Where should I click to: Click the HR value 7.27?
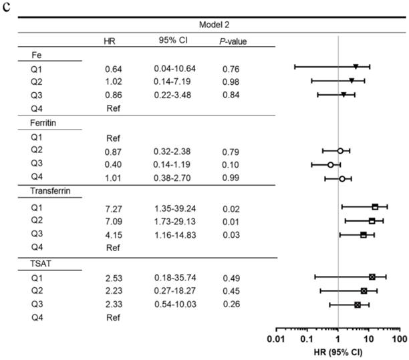point(112,207)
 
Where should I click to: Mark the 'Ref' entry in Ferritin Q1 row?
point(112,137)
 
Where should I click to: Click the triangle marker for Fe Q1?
point(356,66)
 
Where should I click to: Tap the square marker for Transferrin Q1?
point(375,207)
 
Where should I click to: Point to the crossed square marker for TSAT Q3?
point(358,305)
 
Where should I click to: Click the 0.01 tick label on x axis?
point(275,340)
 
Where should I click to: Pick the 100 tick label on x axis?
point(400,340)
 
